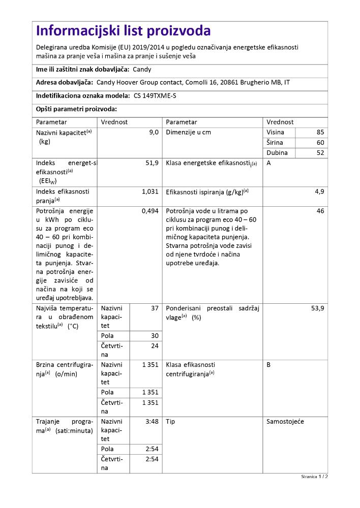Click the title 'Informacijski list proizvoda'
point(124,31)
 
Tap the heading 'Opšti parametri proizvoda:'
point(76,109)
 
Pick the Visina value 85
point(320,132)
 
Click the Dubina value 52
point(320,152)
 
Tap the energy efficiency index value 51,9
point(152,163)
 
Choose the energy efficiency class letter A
point(268,163)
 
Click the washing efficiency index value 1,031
point(150,192)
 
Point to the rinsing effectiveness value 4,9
point(319,192)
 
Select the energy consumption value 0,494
point(150,211)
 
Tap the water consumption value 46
point(320,211)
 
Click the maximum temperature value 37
point(155,308)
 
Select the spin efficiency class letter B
point(268,364)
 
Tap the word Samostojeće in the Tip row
point(285,421)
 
